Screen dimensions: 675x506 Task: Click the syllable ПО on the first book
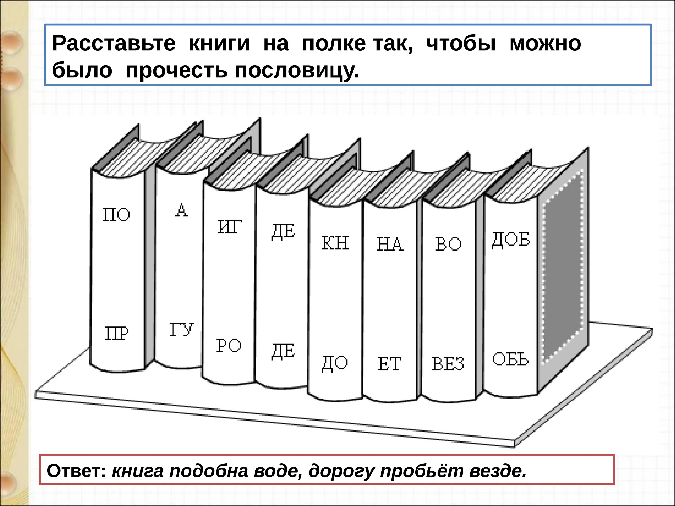[x=116, y=215]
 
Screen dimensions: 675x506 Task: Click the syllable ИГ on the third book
[x=229, y=227]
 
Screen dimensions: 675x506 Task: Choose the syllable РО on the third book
[x=229, y=346]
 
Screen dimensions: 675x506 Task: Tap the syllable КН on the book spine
[x=335, y=243]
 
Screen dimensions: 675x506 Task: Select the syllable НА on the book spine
[x=390, y=244]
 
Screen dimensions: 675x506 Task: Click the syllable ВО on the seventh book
[x=448, y=244]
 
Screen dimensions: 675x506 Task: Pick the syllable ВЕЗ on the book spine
[x=448, y=364]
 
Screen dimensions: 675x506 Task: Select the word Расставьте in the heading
[x=114, y=43]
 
